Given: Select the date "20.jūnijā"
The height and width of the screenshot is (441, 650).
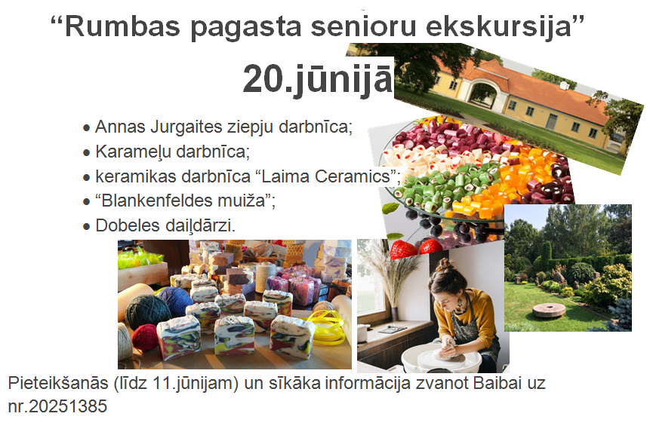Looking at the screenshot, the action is point(317,79).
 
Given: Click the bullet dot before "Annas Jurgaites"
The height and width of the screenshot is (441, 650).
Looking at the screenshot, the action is point(86,128).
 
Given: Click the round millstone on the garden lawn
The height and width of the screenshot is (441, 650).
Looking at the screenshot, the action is point(549,310).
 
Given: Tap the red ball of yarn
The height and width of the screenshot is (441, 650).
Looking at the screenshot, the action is point(145,337).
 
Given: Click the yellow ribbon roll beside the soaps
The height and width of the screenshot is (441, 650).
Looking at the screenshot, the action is point(328,327).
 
